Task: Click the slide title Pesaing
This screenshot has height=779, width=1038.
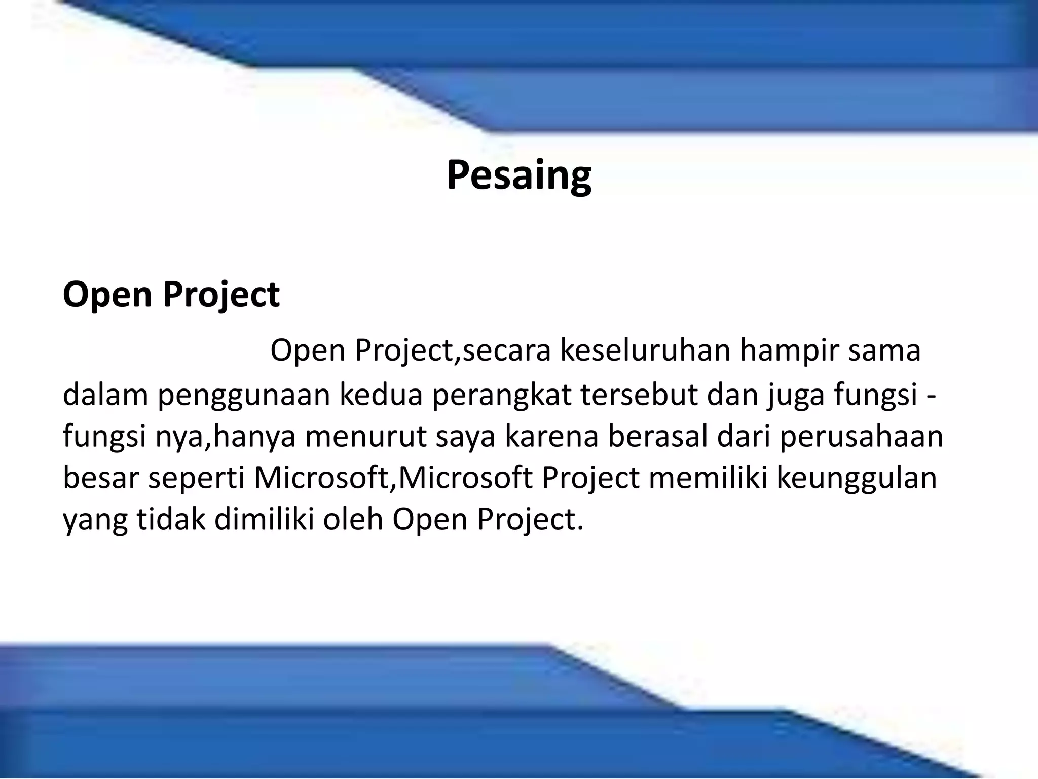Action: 518,175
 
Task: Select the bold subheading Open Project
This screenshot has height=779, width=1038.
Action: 171,294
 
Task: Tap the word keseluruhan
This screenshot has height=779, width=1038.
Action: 645,350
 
